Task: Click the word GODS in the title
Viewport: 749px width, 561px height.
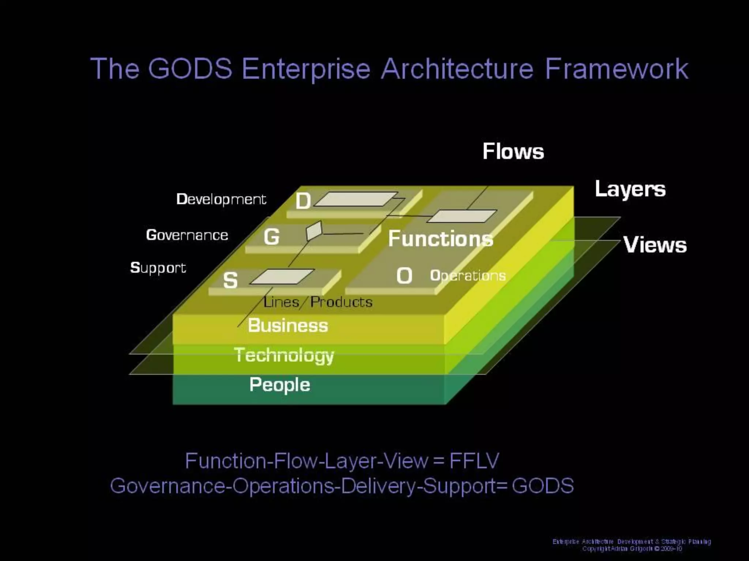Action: point(190,68)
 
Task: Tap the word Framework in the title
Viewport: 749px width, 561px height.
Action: point(617,68)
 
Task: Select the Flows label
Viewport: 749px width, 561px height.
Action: point(513,151)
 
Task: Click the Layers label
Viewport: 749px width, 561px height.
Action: point(630,190)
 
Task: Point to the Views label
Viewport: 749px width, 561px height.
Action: point(655,245)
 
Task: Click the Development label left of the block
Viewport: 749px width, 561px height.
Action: point(221,199)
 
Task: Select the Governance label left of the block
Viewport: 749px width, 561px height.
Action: point(187,235)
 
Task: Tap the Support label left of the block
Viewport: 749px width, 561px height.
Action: point(158,268)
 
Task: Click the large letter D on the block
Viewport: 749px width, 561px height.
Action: point(303,201)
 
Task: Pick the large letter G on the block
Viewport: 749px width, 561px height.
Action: point(272,237)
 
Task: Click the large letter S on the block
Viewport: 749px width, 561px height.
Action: point(230,280)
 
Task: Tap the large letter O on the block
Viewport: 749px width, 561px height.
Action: point(404,276)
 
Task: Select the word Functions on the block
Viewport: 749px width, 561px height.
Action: point(441,238)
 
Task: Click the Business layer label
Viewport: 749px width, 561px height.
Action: point(288,325)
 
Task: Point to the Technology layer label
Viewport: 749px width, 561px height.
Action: point(284,355)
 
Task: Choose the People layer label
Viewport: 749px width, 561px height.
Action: point(280,385)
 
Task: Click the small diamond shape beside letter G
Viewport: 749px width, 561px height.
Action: point(314,231)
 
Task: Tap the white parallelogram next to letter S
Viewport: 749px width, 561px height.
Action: point(282,276)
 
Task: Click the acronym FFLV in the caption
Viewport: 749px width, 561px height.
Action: point(474,461)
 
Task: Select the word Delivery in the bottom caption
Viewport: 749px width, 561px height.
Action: point(381,486)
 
